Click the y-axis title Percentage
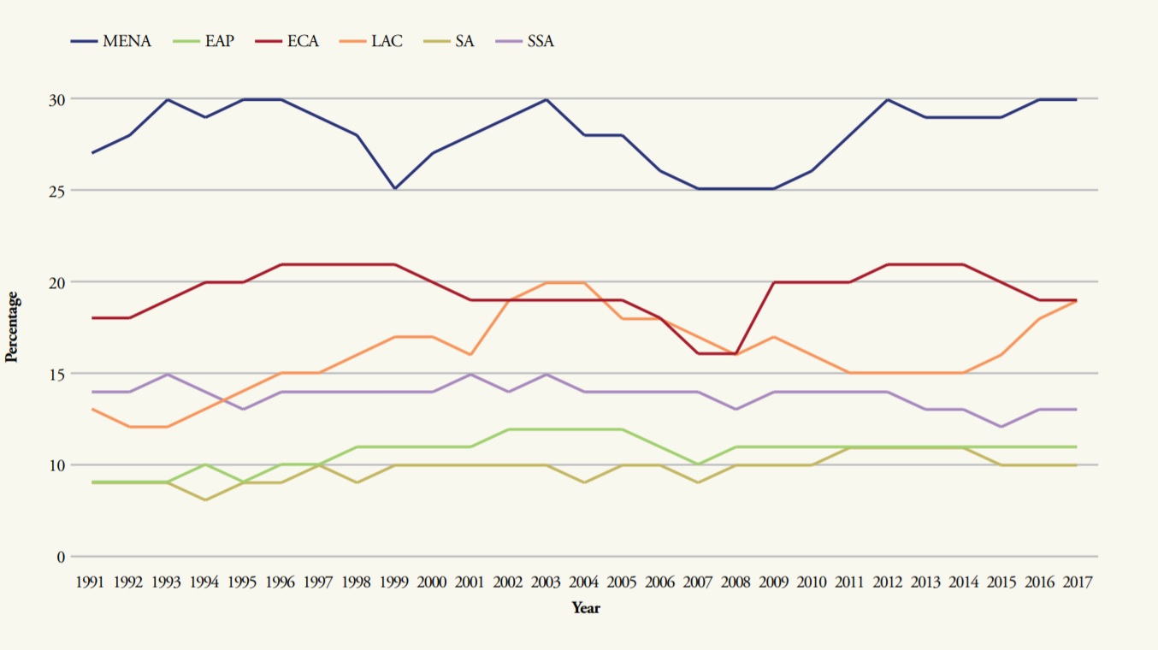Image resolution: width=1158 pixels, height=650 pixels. [12, 328]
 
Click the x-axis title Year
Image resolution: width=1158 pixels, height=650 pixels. [586, 608]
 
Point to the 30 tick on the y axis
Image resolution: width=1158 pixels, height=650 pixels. [56, 99]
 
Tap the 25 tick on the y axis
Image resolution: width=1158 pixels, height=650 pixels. [56, 191]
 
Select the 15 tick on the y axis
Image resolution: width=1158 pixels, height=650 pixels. [56, 374]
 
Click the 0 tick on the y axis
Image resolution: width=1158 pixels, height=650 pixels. [61, 557]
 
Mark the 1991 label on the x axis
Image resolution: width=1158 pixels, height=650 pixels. [91, 582]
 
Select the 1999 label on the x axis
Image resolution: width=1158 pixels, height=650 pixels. [393, 582]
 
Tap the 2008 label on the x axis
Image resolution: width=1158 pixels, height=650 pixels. [735, 582]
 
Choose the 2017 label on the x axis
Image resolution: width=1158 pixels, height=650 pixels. [1075, 582]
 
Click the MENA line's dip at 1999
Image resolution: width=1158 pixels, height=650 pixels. [394, 188]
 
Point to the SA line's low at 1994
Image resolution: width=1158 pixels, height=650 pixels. [205, 499]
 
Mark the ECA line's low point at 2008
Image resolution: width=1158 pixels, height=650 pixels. [735, 353]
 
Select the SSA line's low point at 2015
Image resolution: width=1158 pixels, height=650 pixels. [1001, 426]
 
